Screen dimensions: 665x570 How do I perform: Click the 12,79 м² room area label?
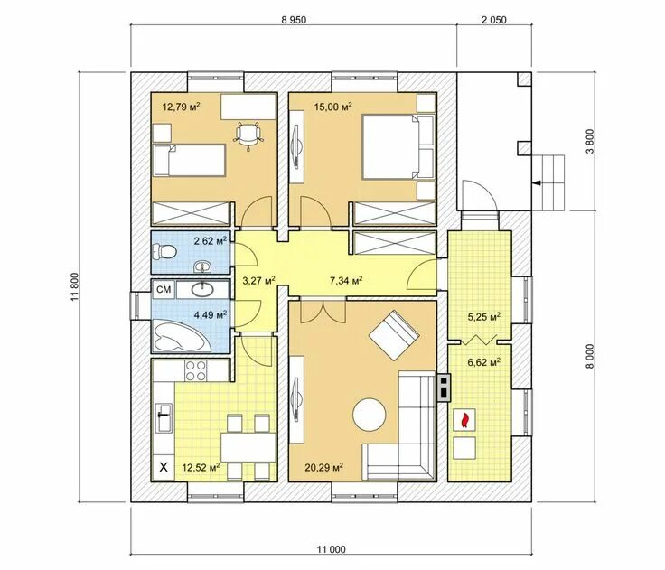[x=181, y=106]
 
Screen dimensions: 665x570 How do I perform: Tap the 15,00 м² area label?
[x=332, y=106]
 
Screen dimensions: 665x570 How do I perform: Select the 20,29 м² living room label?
[x=324, y=467]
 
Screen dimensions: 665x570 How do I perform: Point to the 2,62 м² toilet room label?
[x=211, y=241]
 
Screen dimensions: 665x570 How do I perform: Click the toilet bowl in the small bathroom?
[x=164, y=252]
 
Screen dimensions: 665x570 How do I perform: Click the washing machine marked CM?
[x=164, y=290]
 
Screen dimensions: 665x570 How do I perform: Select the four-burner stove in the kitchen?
[x=196, y=369]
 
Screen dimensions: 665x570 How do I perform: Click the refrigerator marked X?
[x=163, y=468]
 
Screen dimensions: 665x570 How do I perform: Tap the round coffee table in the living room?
[x=370, y=415]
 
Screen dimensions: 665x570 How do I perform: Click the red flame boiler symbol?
[x=464, y=420]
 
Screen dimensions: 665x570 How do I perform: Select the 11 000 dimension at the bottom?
[x=331, y=549]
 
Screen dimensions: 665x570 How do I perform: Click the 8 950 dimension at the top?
[x=294, y=20]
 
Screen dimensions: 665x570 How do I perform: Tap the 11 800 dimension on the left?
[x=75, y=286]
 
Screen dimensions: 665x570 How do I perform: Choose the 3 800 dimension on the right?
[x=591, y=141]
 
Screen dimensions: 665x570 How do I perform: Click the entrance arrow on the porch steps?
[x=537, y=182]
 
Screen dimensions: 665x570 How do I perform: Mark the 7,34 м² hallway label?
[x=346, y=280]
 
